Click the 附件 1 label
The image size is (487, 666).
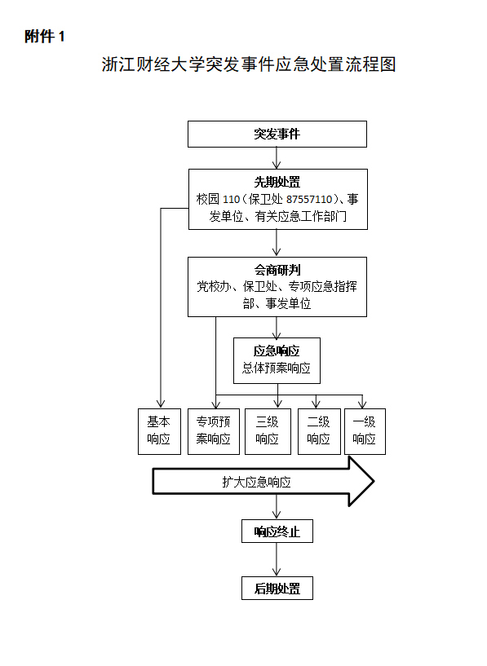tap(44, 37)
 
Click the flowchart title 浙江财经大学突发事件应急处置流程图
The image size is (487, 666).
tap(249, 64)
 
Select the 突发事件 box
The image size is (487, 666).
tap(277, 135)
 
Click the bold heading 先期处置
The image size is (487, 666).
tap(277, 183)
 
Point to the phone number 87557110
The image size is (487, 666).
tap(309, 199)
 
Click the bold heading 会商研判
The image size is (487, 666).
tap(277, 270)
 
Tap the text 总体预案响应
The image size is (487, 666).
tap(277, 368)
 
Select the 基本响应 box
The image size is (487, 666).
tap(159, 431)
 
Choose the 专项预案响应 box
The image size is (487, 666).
tap(214, 431)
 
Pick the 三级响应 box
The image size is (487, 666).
tap(268, 431)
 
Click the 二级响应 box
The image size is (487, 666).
tap(319, 431)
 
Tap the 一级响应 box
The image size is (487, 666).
tap(365, 431)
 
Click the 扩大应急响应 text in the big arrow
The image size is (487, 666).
tap(256, 482)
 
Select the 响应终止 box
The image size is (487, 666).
tap(277, 531)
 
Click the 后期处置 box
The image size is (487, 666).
tap(277, 589)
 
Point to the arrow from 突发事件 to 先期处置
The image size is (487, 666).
tap(277, 158)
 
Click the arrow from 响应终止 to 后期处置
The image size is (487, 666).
tap(277, 559)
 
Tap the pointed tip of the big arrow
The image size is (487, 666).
tap(374, 481)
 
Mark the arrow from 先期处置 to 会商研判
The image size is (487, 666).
tap(277, 243)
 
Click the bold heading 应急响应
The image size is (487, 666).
tap(277, 351)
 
